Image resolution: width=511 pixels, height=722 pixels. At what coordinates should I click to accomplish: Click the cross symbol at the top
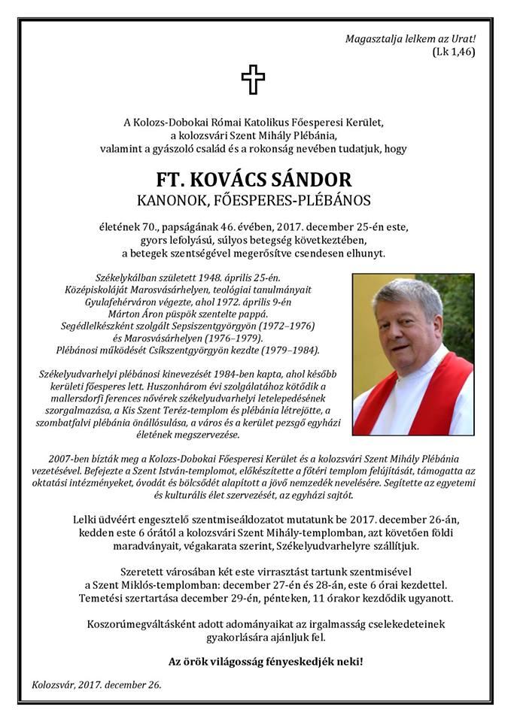254,80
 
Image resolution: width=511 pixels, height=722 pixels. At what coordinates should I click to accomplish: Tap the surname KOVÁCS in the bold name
234,180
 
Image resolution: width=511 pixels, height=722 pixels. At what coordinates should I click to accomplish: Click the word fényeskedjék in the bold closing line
301,662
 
